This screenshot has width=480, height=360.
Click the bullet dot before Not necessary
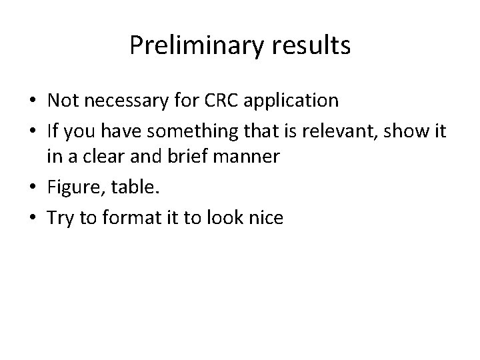[x=32, y=101]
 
